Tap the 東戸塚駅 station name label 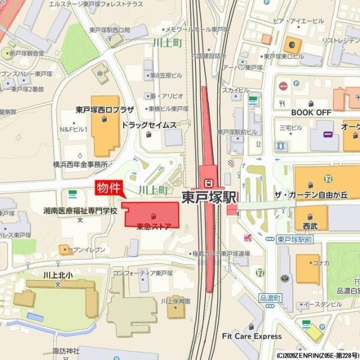click(209, 197)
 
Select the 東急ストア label click(154, 226)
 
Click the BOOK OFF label click(311, 112)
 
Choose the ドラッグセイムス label click(149, 125)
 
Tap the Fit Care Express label click(251, 336)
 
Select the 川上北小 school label click(58, 275)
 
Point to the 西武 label click(310, 227)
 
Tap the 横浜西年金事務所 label click(80, 164)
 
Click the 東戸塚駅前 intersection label click(295, 239)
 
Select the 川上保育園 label click(175, 301)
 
